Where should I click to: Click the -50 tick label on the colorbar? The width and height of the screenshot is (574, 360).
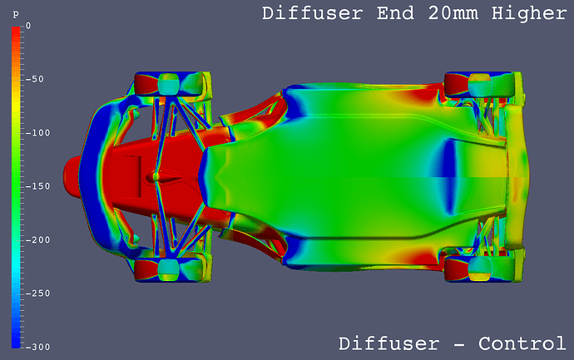click(x=34, y=79)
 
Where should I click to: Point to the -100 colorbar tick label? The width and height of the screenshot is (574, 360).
click(x=37, y=133)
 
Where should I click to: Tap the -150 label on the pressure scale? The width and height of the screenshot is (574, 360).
click(x=37, y=186)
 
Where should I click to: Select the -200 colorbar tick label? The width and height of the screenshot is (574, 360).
click(x=37, y=240)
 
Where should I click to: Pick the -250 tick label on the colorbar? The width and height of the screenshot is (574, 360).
click(x=37, y=293)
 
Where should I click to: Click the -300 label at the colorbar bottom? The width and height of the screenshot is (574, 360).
click(x=37, y=347)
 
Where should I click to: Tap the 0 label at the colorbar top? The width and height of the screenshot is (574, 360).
click(x=28, y=26)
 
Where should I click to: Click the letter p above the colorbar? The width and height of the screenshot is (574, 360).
click(x=15, y=14)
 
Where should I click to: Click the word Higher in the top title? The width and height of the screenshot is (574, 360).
click(x=529, y=13)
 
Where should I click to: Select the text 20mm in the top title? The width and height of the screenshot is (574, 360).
click(x=453, y=13)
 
